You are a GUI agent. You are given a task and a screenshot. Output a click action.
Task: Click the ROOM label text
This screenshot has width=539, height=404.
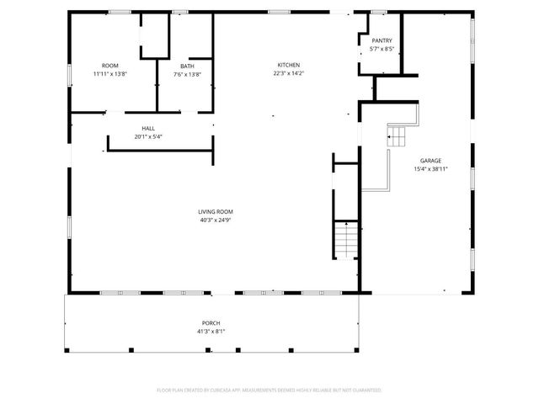coord(109,66)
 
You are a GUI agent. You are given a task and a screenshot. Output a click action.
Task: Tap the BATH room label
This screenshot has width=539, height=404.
coord(187,66)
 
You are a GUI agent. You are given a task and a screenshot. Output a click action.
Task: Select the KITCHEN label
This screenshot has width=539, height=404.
coord(289,65)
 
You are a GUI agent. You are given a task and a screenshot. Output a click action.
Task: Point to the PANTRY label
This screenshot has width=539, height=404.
coord(382,40)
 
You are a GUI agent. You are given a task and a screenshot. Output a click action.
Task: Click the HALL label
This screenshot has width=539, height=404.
coord(147,128)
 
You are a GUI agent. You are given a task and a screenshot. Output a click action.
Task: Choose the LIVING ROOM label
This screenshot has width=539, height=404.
coord(216,211)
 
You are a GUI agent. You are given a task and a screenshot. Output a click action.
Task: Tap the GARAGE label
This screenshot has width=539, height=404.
coord(430,160)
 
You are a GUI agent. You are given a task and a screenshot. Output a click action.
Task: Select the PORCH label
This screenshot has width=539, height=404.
coord(211,323)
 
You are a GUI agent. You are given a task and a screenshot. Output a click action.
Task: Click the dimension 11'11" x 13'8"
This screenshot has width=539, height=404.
coord(109,74)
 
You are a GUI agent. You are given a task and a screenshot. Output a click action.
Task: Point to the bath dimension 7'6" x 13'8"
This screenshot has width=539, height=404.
coord(187,74)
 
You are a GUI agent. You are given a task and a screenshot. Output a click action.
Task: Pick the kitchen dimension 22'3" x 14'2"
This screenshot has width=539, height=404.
coord(289,73)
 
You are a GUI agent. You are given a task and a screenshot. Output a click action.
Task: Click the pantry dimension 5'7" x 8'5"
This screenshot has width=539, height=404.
coord(382,49)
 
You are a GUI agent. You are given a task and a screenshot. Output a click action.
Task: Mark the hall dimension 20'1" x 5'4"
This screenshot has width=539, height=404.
coord(147,136)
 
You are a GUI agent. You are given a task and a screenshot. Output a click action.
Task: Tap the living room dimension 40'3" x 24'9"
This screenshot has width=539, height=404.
coord(216,220)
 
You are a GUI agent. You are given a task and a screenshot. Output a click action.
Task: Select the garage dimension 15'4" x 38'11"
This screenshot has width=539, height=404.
coord(430,168)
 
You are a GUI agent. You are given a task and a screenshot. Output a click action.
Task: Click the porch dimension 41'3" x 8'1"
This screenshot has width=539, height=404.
coord(211,331)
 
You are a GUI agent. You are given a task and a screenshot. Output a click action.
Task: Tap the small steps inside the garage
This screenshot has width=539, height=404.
coord(397,136)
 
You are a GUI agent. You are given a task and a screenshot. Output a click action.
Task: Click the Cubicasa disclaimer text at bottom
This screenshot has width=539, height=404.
coord(269,390)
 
